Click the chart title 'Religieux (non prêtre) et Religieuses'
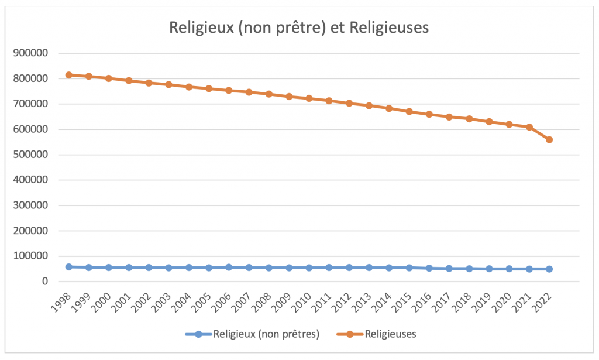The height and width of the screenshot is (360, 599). pyautogui.click(x=299, y=28)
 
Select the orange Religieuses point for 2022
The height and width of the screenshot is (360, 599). pyautogui.click(x=549, y=140)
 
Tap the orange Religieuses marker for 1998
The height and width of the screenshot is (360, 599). pyautogui.click(x=69, y=75)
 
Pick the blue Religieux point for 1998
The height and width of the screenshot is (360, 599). pyautogui.click(x=69, y=267)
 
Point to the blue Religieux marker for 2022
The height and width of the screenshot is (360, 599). pyautogui.click(x=549, y=269)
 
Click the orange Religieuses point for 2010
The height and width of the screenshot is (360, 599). pyautogui.click(x=309, y=98)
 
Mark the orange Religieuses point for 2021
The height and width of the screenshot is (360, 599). pyautogui.click(x=529, y=127)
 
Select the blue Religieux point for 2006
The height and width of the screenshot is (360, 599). pyautogui.click(x=229, y=267)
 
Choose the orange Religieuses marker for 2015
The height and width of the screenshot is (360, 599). pyautogui.click(x=409, y=111)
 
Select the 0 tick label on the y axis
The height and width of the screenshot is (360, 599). pyautogui.click(x=44, y=282)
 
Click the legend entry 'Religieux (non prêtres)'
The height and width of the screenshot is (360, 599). pyautogui.click(x=266, y=335)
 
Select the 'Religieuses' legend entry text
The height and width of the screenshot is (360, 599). pyautogui.click(x=390, y=335)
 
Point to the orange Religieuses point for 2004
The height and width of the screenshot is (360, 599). pyautogui.click(x=189, y=87)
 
